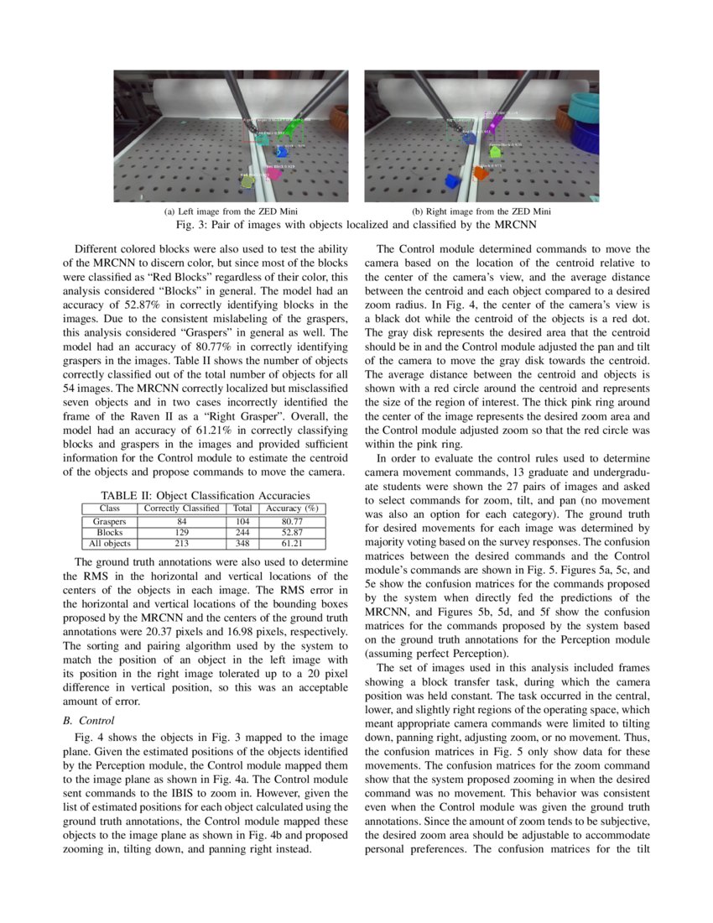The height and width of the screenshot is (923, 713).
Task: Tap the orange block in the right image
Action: pyautogui.click(x=481, y=173)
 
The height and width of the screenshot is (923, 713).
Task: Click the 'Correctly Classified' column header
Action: pyautogui.click(x=182, y=508)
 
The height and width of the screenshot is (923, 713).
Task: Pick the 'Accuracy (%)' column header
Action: pyautogui.click(x=292, y=508)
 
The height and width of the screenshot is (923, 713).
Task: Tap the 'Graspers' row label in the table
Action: pyautogui.click(x=109, y=521)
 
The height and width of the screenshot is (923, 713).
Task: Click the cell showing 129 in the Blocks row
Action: pyautogui.click(x=182, y=532)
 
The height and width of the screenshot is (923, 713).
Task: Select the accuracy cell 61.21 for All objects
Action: pyautogui.click(x=292, y=543)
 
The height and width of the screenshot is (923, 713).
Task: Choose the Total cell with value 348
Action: pyautogui.click(x=242, y=543)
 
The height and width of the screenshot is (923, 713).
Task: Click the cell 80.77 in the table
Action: pyautogui.click(x=292, y=521)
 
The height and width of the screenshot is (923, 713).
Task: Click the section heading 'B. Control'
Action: pyautogui.click(x=89, y=720)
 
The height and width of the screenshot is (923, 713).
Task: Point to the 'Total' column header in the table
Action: pyautogui.click(x=242, y=508)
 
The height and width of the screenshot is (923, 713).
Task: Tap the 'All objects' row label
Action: pyautogui.click(x=109, y=543)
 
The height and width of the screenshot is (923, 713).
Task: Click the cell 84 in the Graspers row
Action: pyautogui.click(x=182, y=521)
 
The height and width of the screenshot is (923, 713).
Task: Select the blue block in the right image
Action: pyautogui.click(x=453, y=181)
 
